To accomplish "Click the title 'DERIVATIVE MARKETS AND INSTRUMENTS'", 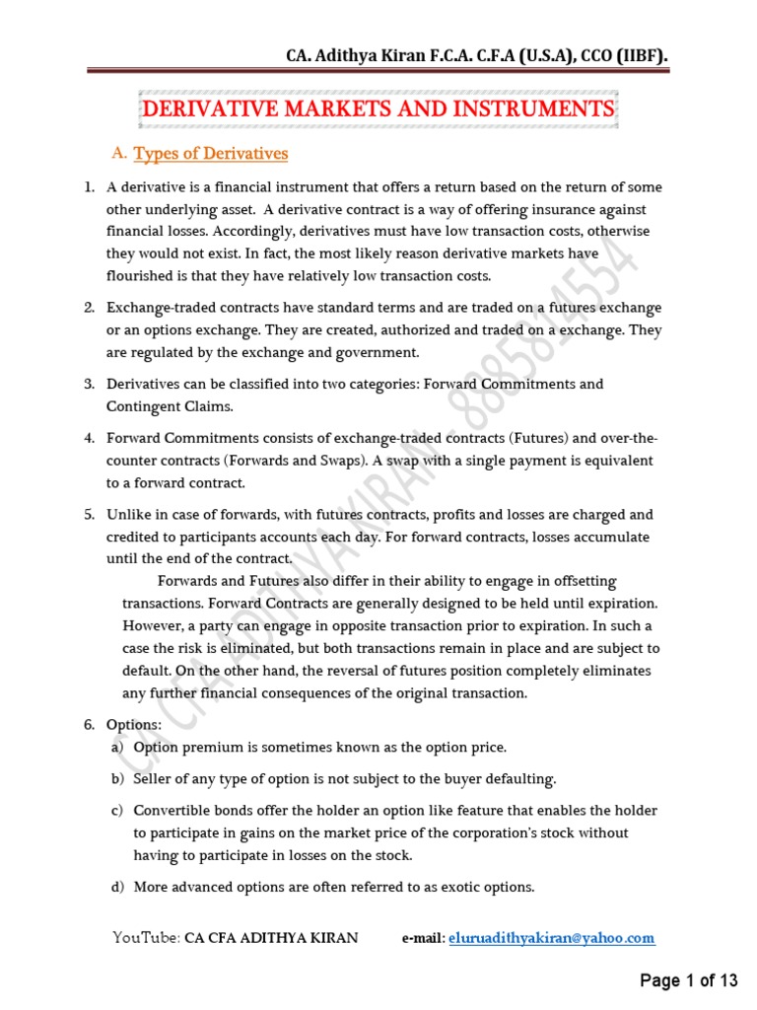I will point(378,108).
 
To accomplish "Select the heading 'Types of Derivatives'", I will point(210,154).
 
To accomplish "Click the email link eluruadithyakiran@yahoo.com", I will point(551,938).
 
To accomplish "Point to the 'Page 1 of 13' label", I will point(689,980).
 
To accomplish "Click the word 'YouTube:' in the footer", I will point(146,938).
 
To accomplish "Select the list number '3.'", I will point(89,384).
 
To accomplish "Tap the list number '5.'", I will point(89,515).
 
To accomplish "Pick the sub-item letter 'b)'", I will point(117,779).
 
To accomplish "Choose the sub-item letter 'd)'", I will point(117,887).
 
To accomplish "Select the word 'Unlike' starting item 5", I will point(128,515).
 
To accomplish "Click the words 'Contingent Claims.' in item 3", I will point(169,405).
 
